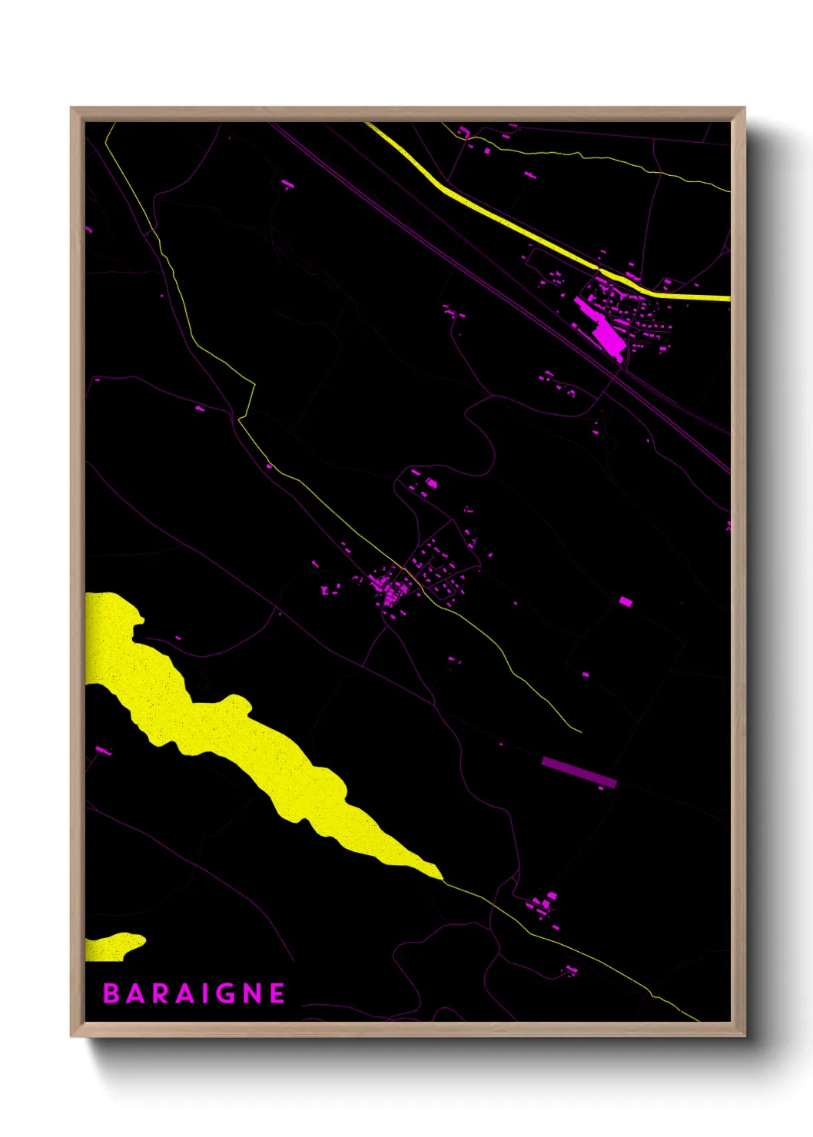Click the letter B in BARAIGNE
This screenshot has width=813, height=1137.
click(x=112, y=993)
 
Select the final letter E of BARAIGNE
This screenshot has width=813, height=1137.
click(x=277, y=993)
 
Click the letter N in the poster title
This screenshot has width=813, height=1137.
click(x=251, y=993)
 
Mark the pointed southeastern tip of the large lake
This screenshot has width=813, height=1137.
click(x=440, y=876)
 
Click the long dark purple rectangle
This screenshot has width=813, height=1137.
click(x=579, y=772)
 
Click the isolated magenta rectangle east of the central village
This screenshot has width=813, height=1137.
click(x=626, y=602)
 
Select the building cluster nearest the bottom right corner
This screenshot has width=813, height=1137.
click(x=544, y=903)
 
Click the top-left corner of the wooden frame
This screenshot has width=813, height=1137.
click(x=71, y=108)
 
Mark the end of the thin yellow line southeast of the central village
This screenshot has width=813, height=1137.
click(x=580, y=731)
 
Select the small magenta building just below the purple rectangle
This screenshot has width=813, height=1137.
click(x=601, y=788)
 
